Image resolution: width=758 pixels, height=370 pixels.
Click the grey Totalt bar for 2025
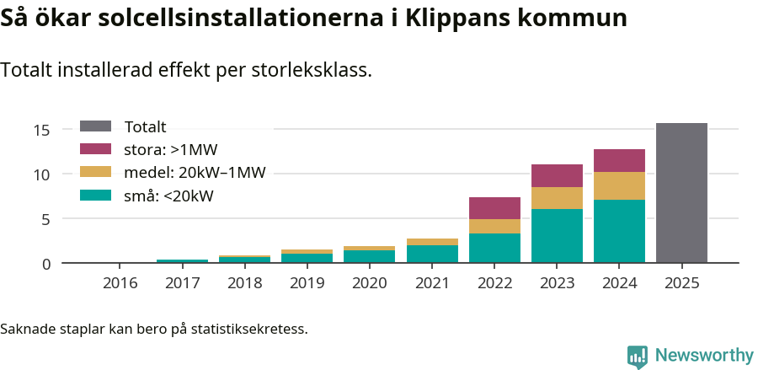[x=681, y=193]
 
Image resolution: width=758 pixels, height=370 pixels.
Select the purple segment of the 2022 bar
[x=494, y=208]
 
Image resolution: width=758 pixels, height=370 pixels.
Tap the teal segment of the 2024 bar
[x=619, y=231]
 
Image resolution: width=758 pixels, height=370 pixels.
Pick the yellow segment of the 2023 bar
[x=557, y=198]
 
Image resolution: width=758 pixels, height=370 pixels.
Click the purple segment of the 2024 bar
[x=619, y=160]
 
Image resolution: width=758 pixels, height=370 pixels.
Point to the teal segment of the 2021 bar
[x=432, y=254]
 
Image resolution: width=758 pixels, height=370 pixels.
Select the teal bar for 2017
[x=183, y=261]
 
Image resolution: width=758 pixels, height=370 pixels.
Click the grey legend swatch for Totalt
[x=95, y=126]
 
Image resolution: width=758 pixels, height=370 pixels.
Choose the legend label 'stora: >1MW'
[x=171, y=150]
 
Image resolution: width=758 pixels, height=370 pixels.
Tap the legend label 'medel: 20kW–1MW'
[x=195, y=173]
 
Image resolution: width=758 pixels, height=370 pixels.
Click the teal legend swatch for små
[x=95, y=196]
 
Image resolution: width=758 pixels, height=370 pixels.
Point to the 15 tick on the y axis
[x=42, y=130]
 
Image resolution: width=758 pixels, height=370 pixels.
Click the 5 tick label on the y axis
[x=46, y=219]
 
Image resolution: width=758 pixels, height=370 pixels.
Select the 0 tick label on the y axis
[x=46, y=264]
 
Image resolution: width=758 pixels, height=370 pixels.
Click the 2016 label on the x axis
[x=120, y=282]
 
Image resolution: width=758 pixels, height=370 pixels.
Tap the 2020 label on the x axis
[x=370, y=282]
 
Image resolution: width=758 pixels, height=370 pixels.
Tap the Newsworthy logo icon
[x=637, y=356]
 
